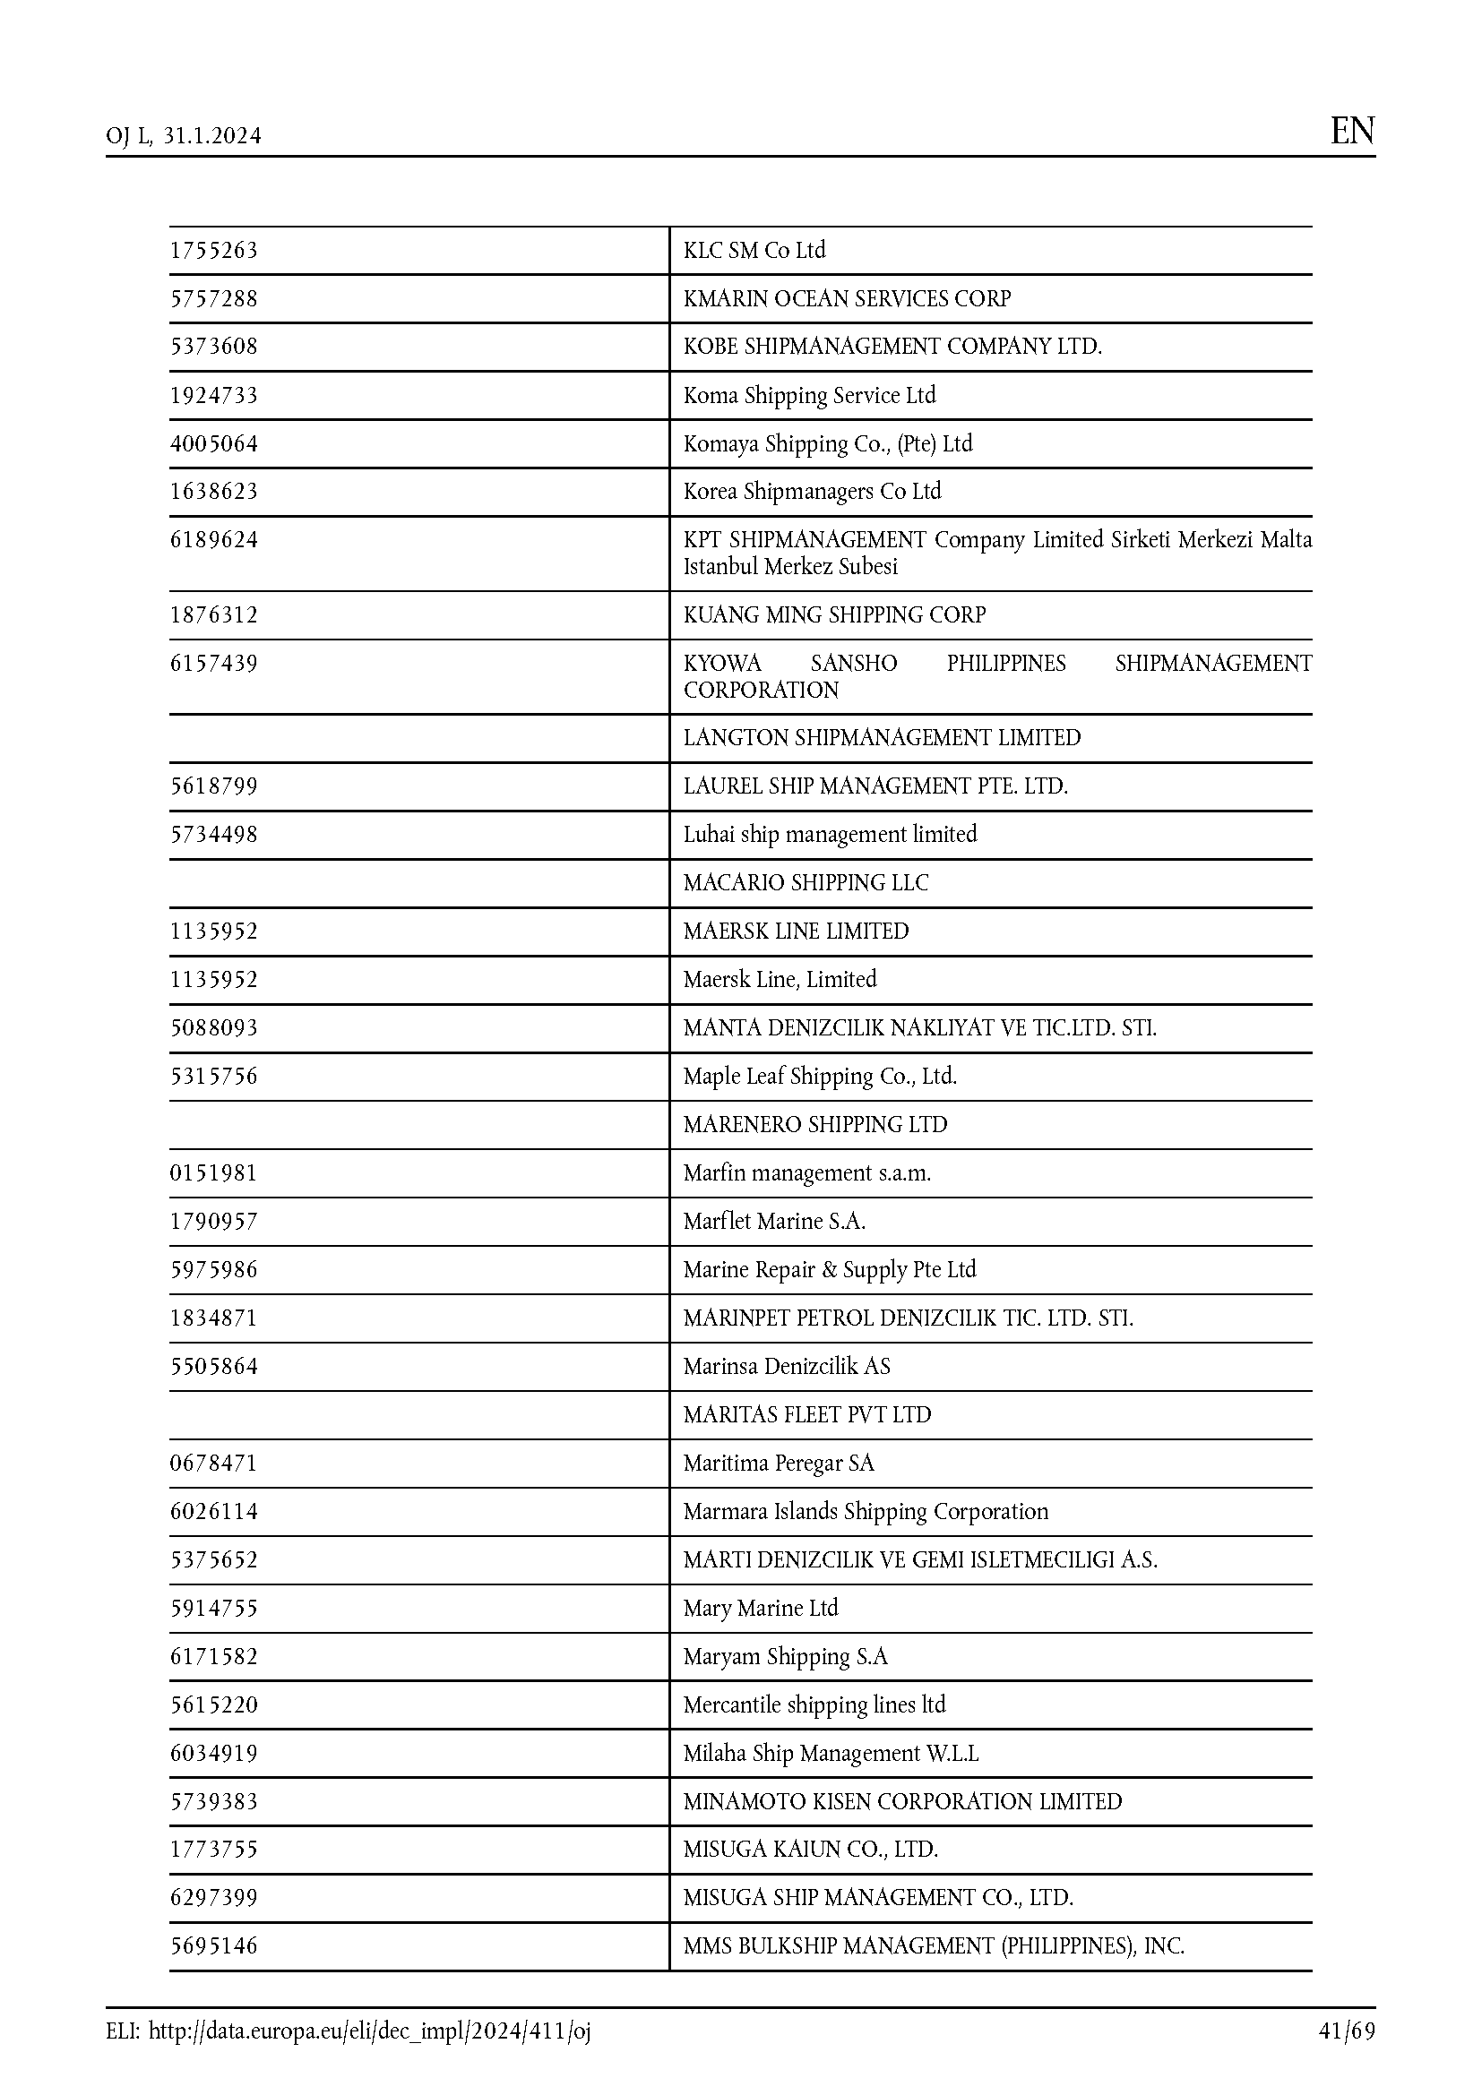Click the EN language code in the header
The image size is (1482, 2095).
pos(1351,132)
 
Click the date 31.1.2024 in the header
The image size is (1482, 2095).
pos(212,136)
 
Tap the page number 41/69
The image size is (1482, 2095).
pos(1346,2031)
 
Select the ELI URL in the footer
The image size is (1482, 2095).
pos(368,2031)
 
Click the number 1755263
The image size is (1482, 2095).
pos(214,251)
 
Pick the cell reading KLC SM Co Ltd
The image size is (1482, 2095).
pos(754,251)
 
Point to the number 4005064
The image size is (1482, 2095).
pos(214,444)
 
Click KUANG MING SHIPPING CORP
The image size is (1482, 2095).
pos(834,615)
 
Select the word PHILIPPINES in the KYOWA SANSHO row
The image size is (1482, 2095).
pos(1005,664)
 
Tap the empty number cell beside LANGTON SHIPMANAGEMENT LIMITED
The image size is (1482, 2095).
pos(418,738)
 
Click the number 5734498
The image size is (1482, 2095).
pos(214,835)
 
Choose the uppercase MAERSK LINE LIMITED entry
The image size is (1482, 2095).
pos(796,932)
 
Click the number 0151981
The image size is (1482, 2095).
pos(214,1173)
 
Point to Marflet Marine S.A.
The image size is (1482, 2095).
pos(774,1222)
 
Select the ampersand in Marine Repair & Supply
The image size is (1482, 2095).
pos(829,1270)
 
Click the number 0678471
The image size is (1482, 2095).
pos(214,1464)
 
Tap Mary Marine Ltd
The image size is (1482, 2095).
pos(760,1609)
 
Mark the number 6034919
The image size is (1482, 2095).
pos(214,1754)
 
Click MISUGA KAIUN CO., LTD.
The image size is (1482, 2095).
pos(810,1850)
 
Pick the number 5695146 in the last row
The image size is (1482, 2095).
pos(214,1946)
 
